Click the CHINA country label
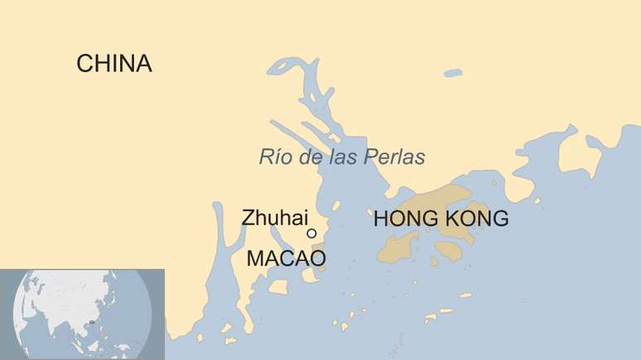pos(113,64)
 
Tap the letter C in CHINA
pos(84,64)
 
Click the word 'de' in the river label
pos(308,157)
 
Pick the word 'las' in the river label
pos(343,157)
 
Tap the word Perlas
pos(395,157)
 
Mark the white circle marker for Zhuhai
pos(311,233)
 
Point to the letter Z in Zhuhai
pos(248,218)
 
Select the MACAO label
pos(286,259)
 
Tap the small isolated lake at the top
pos(452,73)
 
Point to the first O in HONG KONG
pos(397,219)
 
